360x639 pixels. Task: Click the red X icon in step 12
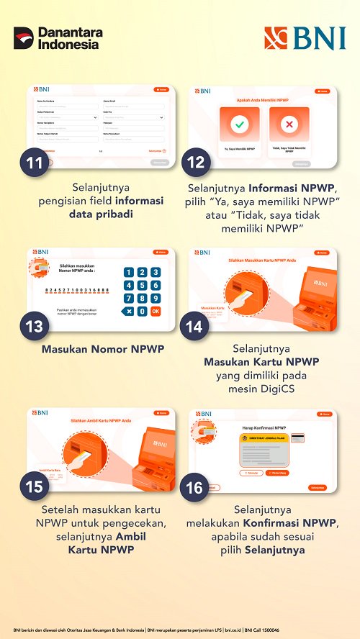click(x=288, y=124)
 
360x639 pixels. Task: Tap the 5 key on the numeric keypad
click(x=142, y=285)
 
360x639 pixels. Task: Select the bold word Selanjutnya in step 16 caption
click(x=274, y=550)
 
